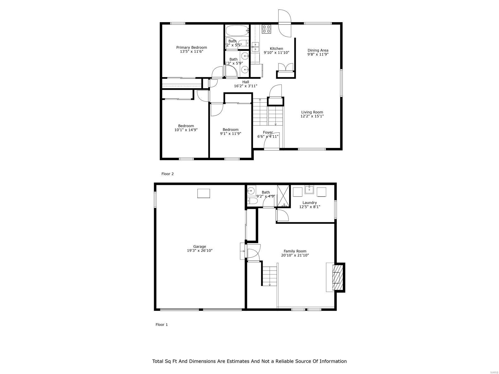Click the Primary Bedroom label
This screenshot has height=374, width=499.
pyautogui.click(x=191, y=47)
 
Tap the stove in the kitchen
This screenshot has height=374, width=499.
pyautogui.click(x=266, y=29)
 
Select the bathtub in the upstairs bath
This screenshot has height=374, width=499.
pyautogui.click(x=237, y=31)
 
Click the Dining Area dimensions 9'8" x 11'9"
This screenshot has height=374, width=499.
pyautogui.click(x=318, y=54)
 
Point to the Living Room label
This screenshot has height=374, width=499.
pyautogui.click(x=312, y=112)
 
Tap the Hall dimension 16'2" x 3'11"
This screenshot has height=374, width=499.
pyautogui.click(x=245, y=86)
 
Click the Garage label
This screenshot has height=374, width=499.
pyautogui.click(x=199, y=247)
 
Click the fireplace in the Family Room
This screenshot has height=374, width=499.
pyautogui.click(x=337, y=277)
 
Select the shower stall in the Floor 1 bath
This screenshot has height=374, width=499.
pyautogui.click(x=283, y=196)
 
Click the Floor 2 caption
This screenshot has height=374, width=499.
pyautogui.click(x=167, y=174)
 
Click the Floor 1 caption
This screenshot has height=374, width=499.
pyautogui.click(x=162, y=324)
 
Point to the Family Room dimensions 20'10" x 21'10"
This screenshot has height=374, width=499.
pyautogui.click(x=295, y=255)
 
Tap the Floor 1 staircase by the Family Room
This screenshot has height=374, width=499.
pyautogui.click(x=269, y=276)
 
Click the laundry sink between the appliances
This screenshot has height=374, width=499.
pyautogui.click(x=309, y=189)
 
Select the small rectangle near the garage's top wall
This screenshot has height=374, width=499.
pyautogui.click(x=204, y=193)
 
